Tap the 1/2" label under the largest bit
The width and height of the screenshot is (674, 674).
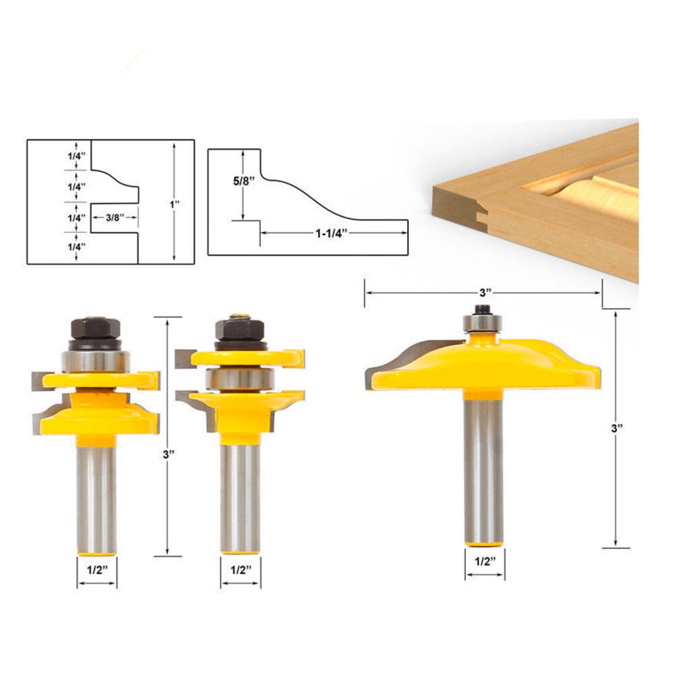484,561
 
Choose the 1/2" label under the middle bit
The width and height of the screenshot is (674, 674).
241,569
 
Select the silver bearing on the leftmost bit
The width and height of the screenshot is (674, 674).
94,360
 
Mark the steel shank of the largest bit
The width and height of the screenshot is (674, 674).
483,472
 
